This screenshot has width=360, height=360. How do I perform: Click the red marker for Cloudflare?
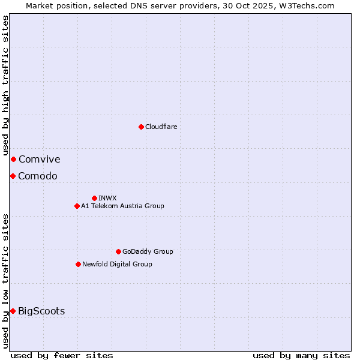(141, 127)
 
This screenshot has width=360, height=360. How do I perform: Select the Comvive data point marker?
(13, 159)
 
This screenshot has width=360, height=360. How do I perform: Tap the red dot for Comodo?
(13, 176)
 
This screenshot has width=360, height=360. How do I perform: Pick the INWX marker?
(94, 198)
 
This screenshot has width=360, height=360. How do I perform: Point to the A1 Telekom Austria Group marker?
(77, 206)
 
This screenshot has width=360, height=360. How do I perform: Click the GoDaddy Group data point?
(118, 251)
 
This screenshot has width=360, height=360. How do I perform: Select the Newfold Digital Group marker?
(78, 264)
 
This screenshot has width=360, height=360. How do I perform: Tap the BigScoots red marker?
(13, 311)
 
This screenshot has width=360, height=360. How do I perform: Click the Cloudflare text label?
(161, 127)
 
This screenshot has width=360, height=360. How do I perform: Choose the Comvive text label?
(39, 159)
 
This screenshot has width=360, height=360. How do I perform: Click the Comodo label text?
(37, 176)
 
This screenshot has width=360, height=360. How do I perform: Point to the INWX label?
(107, 198)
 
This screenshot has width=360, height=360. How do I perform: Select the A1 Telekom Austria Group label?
(122, 206)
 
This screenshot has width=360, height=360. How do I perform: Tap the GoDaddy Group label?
(148, 251)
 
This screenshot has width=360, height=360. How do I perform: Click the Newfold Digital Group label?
(117, 264)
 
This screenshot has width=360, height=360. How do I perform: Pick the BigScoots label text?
(41, 311)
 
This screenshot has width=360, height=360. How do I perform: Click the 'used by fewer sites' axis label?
(62, 355)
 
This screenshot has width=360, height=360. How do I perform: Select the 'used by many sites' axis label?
(301, 355)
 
